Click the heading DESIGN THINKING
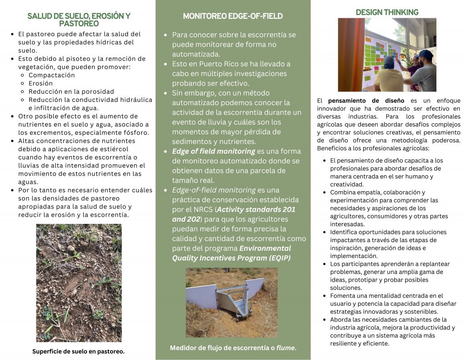click(x=387, y=12)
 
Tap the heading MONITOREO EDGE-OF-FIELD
click(x=233, y=16)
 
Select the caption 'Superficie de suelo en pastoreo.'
click(x=78, y=351)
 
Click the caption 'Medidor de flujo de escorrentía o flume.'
click(x=233, y=348)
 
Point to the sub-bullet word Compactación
click(x=51, y=75)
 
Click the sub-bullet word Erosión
click(x=41, y=83)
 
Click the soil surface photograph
click(x=79, y=282)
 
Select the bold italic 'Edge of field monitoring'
click(x=213, y=151)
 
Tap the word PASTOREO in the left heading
click(x=79, y=24)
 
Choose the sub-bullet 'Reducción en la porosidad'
click(x=71, y=91)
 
